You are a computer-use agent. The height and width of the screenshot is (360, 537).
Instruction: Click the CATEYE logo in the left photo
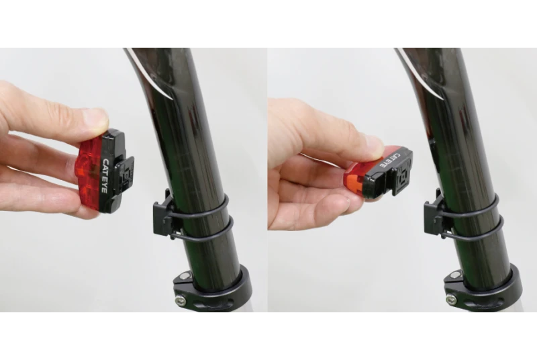[105, 176]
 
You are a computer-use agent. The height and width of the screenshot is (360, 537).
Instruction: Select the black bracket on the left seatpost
[164, 215]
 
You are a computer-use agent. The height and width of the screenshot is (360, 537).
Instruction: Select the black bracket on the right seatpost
[435, 214]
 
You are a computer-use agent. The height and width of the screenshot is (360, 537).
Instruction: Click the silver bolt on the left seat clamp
[180, 301]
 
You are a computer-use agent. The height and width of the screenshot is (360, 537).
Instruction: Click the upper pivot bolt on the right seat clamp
[455, 275]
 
